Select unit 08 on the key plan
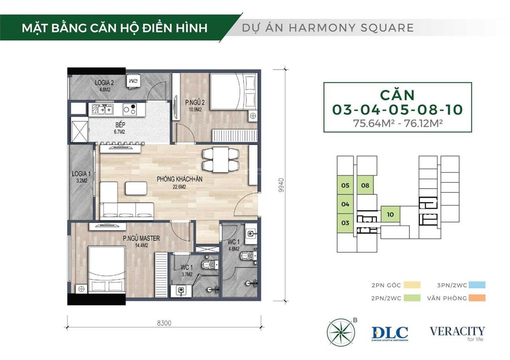365,186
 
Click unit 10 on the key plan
390,215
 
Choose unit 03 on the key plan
345,223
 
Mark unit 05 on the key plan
345,186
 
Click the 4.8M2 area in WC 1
234,248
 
